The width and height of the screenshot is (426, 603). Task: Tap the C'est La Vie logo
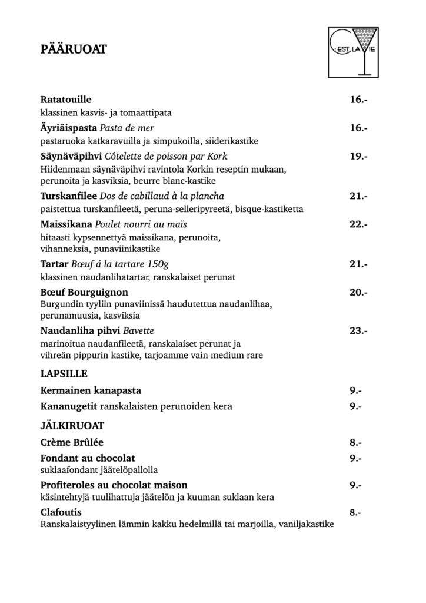coord(354,52)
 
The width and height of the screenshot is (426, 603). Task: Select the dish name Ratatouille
coord(66,100)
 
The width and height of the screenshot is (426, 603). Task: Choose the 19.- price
coord(358,157)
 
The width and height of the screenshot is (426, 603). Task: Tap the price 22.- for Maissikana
coord(358,224)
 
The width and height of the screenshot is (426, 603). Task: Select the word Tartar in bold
coord(55,263)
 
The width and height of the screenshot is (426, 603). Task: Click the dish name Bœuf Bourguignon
coord(84,292)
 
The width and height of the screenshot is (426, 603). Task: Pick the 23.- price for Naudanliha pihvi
coord(358,331)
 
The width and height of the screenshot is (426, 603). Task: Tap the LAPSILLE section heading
coord(64,373)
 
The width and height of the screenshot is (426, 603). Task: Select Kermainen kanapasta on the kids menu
coord(91,390)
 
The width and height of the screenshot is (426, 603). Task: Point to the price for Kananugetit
coord(355,406)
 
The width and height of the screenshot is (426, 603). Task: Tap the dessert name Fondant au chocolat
coord(88,458)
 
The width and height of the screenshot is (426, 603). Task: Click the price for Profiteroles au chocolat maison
coord(355,486)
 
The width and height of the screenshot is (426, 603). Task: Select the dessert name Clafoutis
coord(61,512)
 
